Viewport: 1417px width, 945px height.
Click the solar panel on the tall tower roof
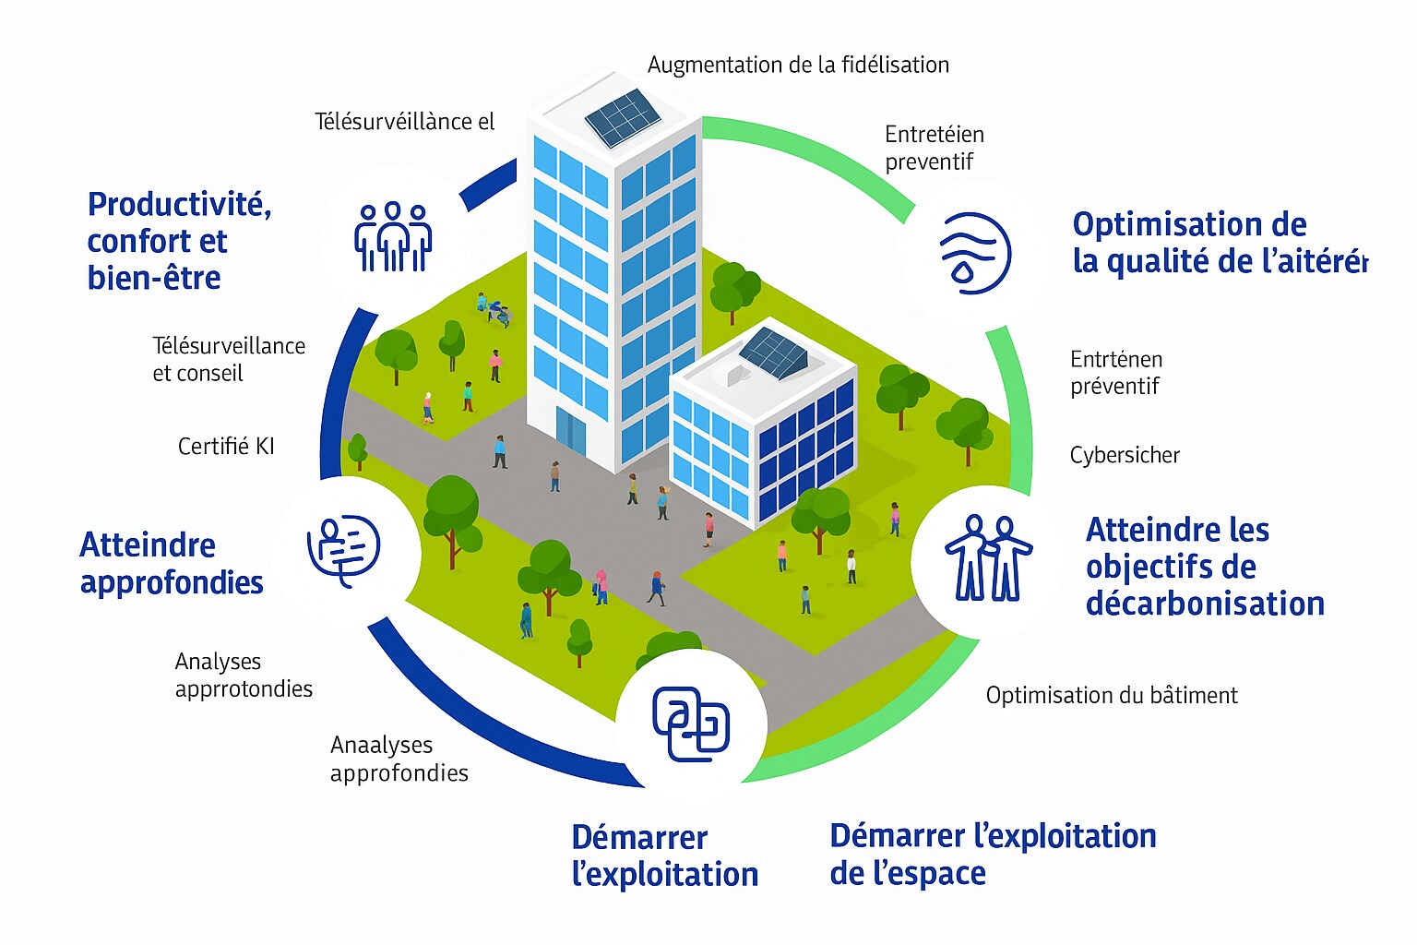click(x=623, y=118)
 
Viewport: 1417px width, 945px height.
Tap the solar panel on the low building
click(x=773, y=352)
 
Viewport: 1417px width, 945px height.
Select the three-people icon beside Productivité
click(x=394, y=237)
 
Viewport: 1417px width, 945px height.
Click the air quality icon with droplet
click(x=974, y=253)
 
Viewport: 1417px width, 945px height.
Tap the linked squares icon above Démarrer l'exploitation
click(x=691, y=724)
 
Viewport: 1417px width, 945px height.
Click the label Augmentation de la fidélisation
click(x=798, y=65)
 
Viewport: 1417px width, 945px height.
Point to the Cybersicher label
click(x=1125, y=455)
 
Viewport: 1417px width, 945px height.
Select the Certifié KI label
click(x=226, y=447)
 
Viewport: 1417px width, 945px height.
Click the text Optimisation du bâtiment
click(x=1112, y=695)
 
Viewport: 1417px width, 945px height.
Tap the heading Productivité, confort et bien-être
click(x=179, y=241)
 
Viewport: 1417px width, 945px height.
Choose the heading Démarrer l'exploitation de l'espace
click(x=993, y=854)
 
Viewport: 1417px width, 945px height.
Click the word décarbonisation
click(x=1205, y=604)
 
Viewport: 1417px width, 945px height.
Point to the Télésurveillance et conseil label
click(x=229, y=359)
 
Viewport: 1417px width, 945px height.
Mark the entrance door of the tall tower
click(x=570, y=430)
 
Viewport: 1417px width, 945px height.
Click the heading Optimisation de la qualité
click(x=1219, y=243)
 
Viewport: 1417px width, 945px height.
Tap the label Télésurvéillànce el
click(x=405, y=122)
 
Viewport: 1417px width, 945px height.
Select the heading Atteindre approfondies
click(x=172, y=563)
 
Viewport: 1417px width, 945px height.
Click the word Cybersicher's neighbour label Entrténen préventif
click(x=1116, y=373)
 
